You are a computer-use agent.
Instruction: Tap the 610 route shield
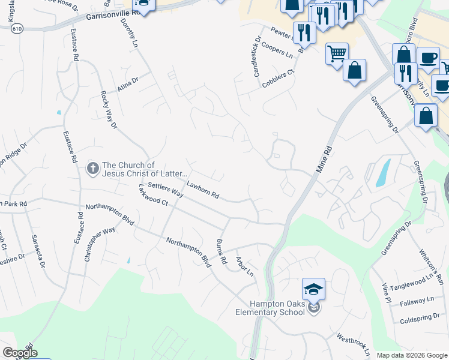(17, 28)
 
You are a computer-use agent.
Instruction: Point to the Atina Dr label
(128, 84)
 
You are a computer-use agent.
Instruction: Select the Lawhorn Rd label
(203, 190)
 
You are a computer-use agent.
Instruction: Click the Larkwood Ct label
(152, 197)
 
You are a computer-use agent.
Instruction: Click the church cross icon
(93, 168)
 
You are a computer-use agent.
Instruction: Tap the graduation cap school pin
(313, 290)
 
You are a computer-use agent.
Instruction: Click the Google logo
(19, 353)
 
